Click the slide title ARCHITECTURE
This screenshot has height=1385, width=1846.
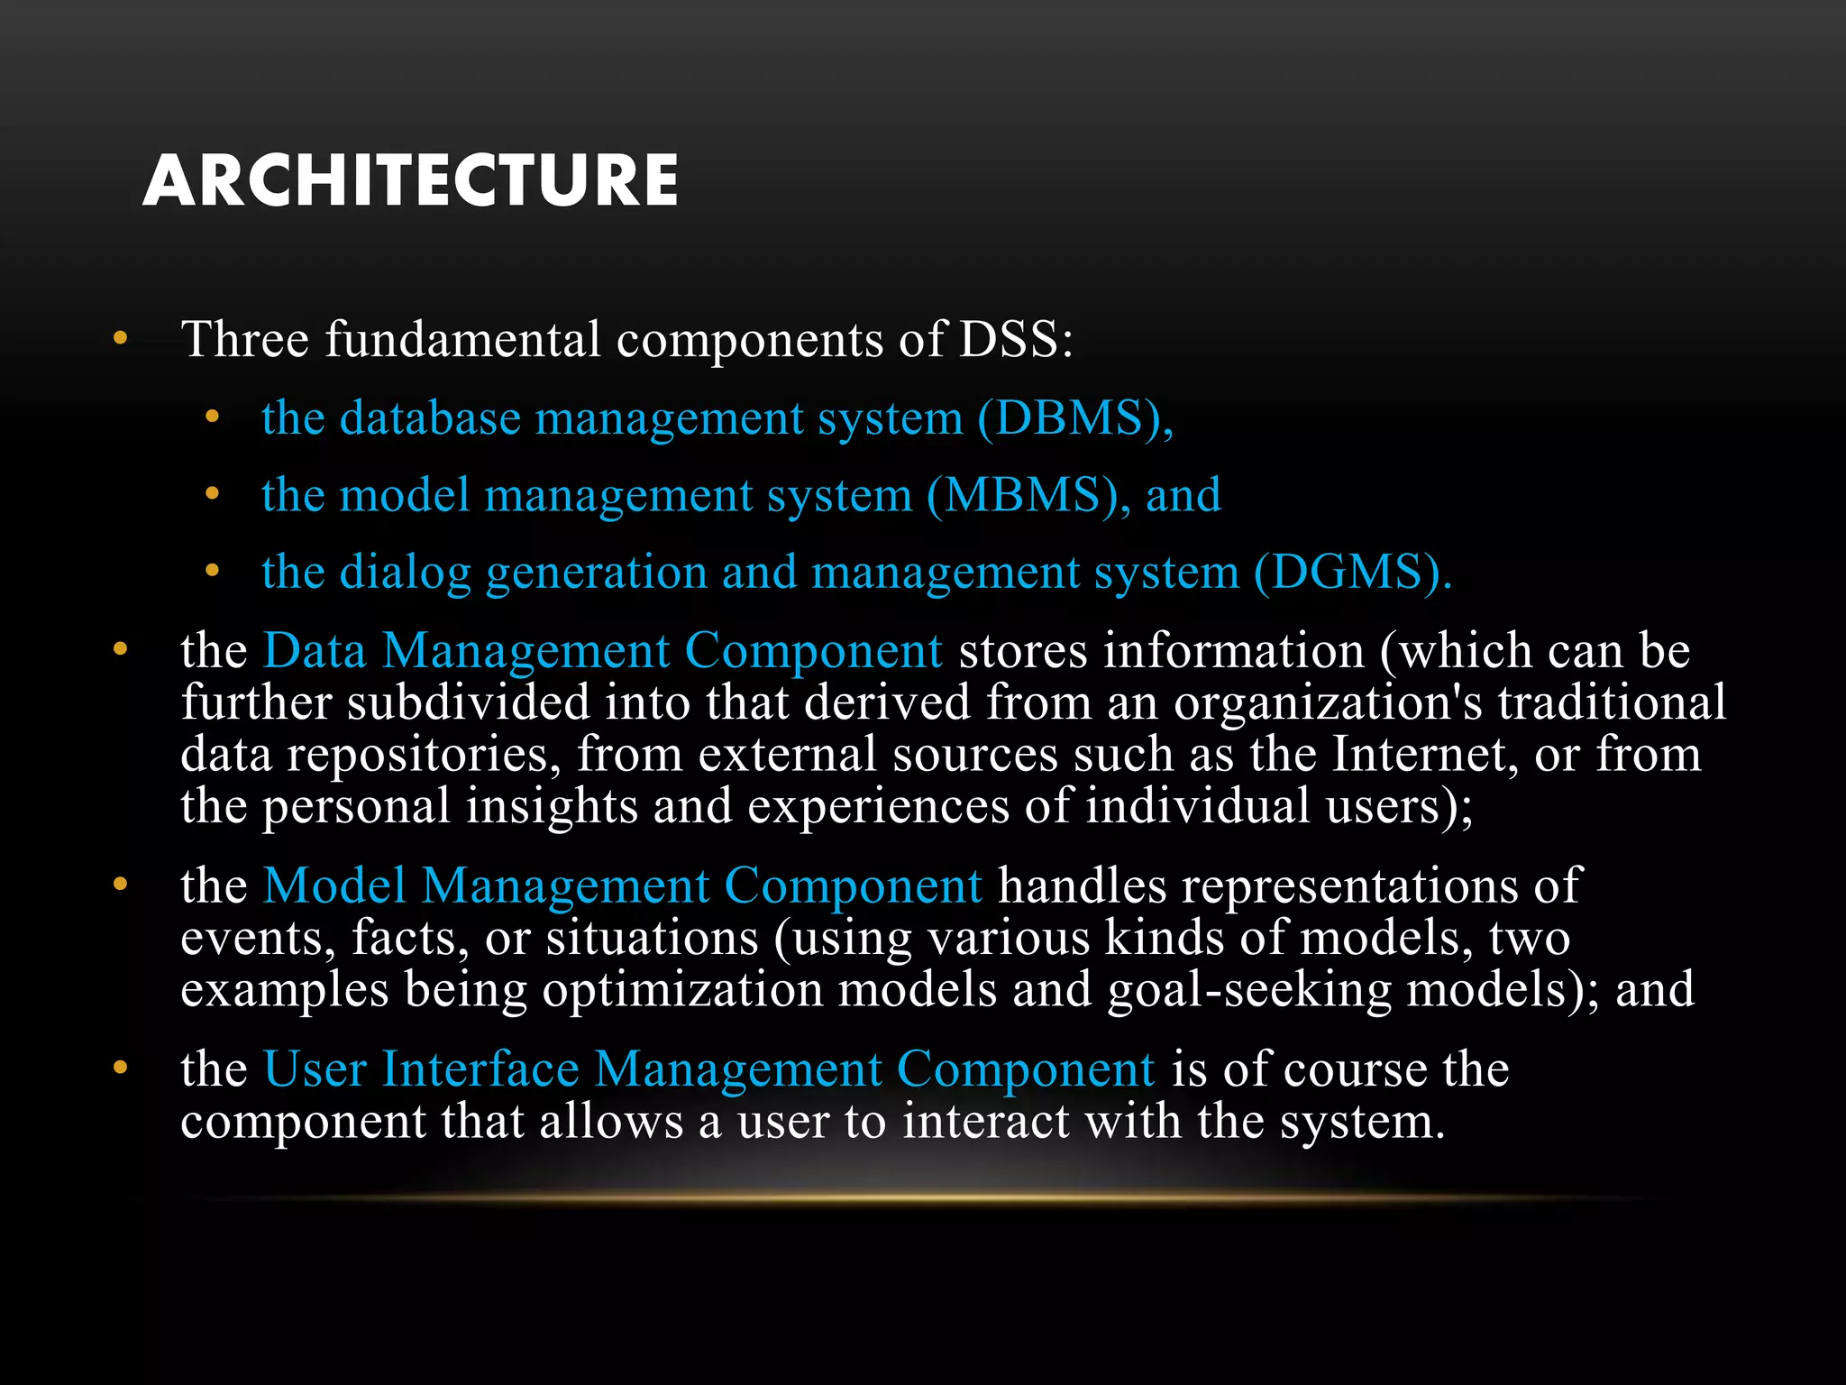tap(410, 180)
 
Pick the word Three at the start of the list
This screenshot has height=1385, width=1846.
tap(245, 340)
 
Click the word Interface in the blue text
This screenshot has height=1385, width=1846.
tap(480, 1069)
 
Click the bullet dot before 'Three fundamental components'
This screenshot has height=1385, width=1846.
tap(121, 339)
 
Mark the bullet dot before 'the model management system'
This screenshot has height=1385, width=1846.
tap(212, 494)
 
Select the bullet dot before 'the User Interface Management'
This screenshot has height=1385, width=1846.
tap(121, 1069)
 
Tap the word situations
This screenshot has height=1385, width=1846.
tap(652, 938)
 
